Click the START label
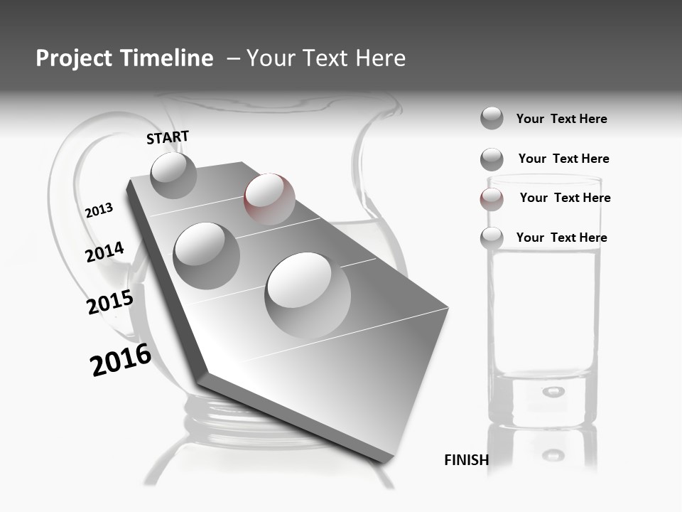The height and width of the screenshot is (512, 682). (x=168, y=137)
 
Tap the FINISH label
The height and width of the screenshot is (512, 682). (x=466, y=460)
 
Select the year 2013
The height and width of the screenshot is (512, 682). (x=99, y=210)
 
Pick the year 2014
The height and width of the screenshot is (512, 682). (x=104, y=252)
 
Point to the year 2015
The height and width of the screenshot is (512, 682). (x=109, y=302)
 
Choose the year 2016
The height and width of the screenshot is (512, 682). (x=121, y=360)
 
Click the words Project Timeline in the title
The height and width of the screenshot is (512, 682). (x=124, y=58)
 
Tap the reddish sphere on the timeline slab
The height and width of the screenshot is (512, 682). (x=269, y=198)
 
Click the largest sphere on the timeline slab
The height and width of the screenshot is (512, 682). (x=308, y=295)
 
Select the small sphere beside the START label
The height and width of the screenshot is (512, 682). (x=173, y=175)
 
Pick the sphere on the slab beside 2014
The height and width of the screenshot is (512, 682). (x=206, y=255)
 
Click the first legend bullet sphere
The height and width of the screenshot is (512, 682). (x=492, y=118)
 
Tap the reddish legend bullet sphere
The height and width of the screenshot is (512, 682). (x=492, y=199)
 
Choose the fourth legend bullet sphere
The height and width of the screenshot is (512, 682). (x=492, y=238)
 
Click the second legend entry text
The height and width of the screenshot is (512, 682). (x=563, y=159)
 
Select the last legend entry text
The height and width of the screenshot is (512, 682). (x=561, y=238)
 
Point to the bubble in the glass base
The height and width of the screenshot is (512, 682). (x=553, y=391)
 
